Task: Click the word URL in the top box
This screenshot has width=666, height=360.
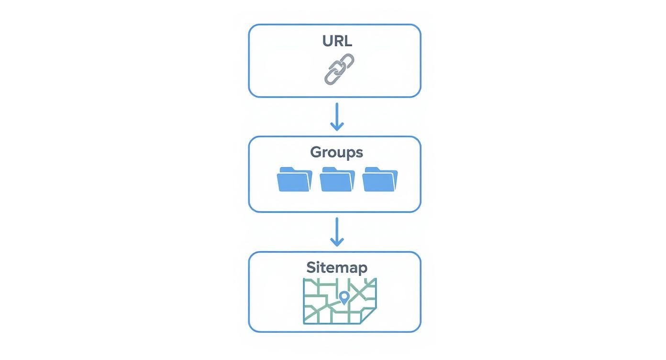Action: click(x=337, y=41)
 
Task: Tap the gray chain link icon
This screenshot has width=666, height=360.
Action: click(x=339, y=69)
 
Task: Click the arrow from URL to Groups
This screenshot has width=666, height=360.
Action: click(x=337, y=116)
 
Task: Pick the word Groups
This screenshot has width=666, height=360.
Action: click(x=336, y=152)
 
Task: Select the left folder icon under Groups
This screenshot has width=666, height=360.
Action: click(x=294, y=180)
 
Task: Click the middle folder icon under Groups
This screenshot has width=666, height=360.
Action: click(x=337, y=180)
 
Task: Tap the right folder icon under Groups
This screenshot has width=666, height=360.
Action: click(x=380, y=180)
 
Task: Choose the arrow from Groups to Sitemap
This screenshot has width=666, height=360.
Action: click(x=337, y=232)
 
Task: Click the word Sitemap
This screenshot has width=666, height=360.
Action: click(x=337, y=267)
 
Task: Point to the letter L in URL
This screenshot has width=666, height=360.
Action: click(x=348, y=41)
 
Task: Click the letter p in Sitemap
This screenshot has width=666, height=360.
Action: click(x=362, y=269)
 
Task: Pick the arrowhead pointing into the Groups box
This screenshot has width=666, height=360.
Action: click(x=337, y=127)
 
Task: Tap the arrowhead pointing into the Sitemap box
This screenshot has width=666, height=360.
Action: click(x=337, y=243)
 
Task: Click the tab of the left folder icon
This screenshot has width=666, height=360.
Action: click(x=286, y=169)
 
